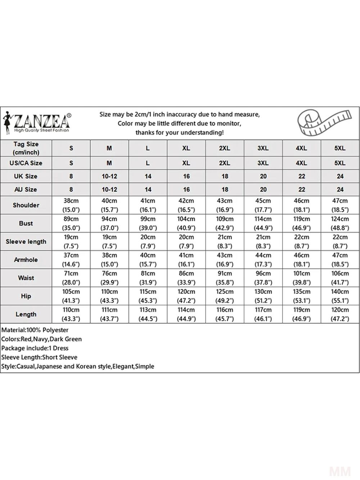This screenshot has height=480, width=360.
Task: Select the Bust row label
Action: (26, 223)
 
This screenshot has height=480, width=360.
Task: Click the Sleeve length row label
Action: (26, 242)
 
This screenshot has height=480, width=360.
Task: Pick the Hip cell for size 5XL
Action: (340, 296)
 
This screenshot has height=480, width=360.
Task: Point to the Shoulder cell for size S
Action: (71, 205)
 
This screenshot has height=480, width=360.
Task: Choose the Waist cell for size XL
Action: (186, 278)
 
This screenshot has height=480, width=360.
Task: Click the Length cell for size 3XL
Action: (263, 314)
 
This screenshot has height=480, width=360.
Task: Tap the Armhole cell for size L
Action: (148, 260)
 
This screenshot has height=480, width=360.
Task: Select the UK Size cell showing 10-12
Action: (109, 176)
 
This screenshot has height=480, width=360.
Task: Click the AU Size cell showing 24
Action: (340, 189)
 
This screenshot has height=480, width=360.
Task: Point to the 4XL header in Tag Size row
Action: (301, 148)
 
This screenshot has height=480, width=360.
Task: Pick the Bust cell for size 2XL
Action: (225, 223)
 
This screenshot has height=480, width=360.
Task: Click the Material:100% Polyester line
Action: (35, 330)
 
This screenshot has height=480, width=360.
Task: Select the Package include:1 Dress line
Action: (35, 348)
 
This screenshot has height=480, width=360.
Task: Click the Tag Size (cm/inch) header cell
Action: (26, 148)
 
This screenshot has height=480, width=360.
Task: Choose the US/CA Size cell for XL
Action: (186, 163)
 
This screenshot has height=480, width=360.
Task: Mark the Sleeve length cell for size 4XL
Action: (301, 242)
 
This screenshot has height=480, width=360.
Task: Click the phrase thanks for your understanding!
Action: (179, 133)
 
